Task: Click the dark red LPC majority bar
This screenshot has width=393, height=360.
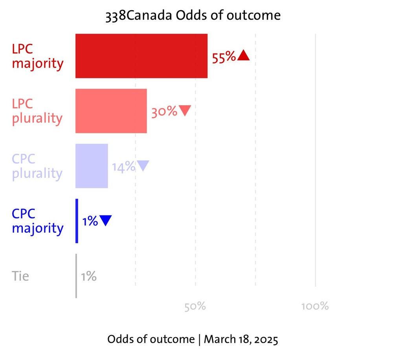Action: click(x=141, y=56)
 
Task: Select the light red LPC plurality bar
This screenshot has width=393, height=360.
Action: click(x=111, y=111)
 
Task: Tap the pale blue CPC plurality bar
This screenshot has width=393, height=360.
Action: click(x=92, y=166)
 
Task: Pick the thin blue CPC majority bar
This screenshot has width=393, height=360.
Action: click(x=77, y=221)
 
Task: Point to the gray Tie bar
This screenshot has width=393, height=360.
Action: click(x=76, y=276)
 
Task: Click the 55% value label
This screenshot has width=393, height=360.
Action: click(x=224, y=57)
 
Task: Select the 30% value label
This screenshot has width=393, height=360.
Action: click(x=164, y=112)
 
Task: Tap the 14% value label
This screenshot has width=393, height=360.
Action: click(x=123, y=167)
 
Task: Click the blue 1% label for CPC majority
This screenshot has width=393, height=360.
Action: click(x=90, y=222)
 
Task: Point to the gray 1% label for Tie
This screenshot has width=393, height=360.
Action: click(x=88, y=277)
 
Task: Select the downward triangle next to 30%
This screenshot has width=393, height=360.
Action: click(x=185, y=111)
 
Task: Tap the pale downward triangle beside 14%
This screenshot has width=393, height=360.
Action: click(x=143, y=166)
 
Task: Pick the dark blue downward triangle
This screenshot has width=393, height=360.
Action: click(x=105, y=220)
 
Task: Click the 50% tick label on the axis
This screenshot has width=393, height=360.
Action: click(x=195, y=306)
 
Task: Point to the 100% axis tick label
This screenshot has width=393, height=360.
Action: click(x=315, y=306)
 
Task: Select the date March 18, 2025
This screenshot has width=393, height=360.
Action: click(x=241, y=339)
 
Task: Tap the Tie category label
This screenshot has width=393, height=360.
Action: click(x=20, y=276)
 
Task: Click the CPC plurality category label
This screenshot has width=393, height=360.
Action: click(x=37, y=166)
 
